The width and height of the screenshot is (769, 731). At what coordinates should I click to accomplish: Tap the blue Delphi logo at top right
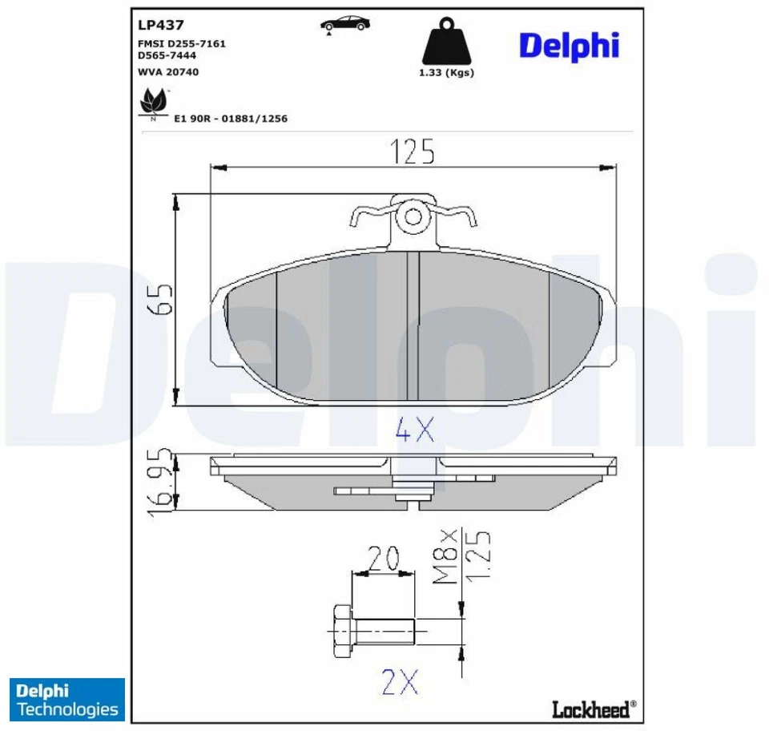click(569, 46)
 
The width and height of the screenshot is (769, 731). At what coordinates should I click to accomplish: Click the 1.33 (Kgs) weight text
click(446, 72)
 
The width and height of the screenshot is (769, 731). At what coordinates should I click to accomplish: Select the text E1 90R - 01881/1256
click(231, 119)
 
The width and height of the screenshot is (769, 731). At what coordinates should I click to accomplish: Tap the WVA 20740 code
click(168, 72)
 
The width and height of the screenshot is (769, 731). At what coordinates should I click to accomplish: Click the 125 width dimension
click(413, 151)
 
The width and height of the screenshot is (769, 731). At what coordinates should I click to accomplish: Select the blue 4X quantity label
click(415, 432)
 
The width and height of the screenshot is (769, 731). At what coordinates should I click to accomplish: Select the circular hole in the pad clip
click(413, 216)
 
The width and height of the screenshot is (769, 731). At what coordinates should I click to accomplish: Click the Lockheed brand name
click(593, 709)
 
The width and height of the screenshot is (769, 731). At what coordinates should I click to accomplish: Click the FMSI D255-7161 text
click(181, 43)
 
